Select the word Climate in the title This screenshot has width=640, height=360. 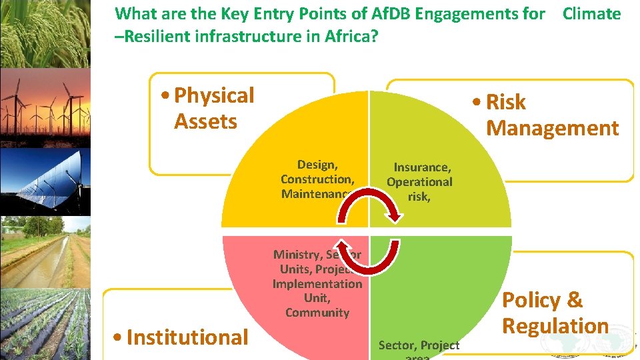(591, 14)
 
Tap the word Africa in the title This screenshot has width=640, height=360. (349, 36)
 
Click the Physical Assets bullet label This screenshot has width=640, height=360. (213, 108)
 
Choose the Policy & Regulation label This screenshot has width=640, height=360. (555, 313)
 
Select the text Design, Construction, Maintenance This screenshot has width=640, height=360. (317, 179)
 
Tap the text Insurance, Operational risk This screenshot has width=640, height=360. (420, 181)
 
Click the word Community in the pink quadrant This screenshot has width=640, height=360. (317, 313)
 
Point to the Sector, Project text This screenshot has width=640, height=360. (419, 345)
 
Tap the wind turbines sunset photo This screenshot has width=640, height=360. (45, 107)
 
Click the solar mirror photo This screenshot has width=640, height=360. (45, 181)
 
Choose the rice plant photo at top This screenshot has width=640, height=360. (45, 33)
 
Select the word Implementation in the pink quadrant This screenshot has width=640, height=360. (317, 283)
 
